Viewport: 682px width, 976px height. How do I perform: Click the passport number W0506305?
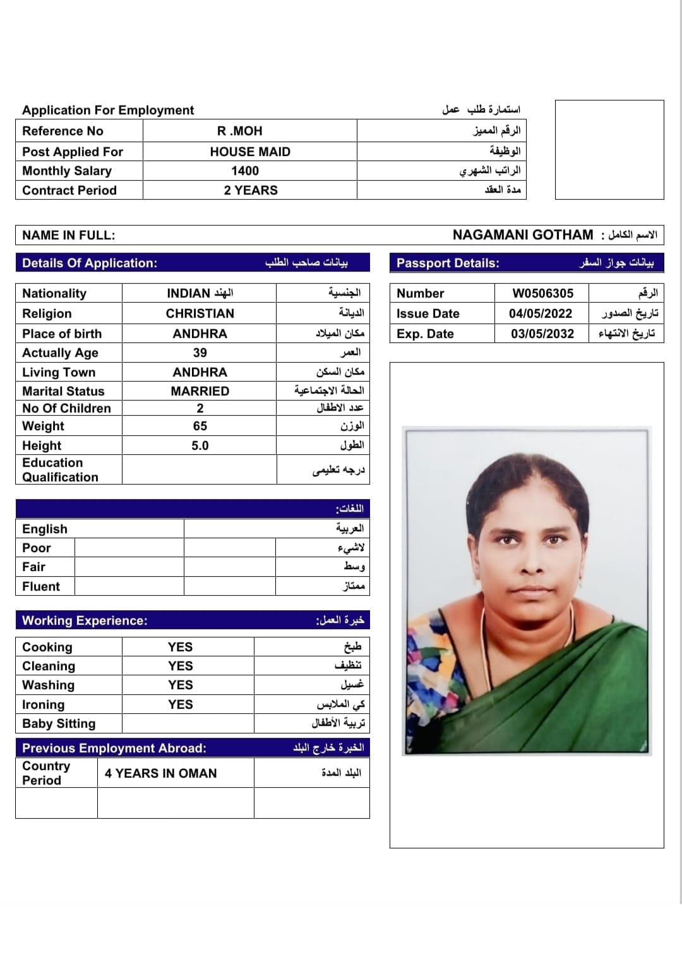tap(542, 293)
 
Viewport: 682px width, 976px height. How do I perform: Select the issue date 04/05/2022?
tap(541, 313)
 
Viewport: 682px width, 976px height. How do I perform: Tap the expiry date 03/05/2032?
tap(542, 334)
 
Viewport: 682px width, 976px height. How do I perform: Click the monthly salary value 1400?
tap(245, 171)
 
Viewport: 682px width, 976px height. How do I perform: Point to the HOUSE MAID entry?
tap(250, 152)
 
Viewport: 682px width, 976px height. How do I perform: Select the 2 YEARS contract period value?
tap(250, 190)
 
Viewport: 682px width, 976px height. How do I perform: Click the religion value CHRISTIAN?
tap(200, 313)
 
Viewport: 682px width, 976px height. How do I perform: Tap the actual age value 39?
tap(200, 352)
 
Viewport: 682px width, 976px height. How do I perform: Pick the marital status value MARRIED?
tap(200, 391)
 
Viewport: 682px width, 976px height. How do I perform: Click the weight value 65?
tap(200, 426)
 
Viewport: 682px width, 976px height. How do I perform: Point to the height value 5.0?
tap(200, 445)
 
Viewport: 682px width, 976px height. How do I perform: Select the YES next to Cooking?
tap(180, 647)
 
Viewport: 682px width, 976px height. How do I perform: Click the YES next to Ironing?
tap(180, 704)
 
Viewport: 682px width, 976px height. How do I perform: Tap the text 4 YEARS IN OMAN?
tap(160, 773)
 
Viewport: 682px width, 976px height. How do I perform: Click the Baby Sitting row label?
tap(59, 723)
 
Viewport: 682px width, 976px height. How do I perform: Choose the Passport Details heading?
tap(448, 263)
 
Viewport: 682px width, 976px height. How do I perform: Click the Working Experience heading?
tap(85, 620)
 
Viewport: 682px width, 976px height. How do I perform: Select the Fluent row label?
tap(41, 586)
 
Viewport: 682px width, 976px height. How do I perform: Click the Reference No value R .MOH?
tap(239, 131)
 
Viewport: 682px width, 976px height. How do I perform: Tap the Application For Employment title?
tap(108, 110)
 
